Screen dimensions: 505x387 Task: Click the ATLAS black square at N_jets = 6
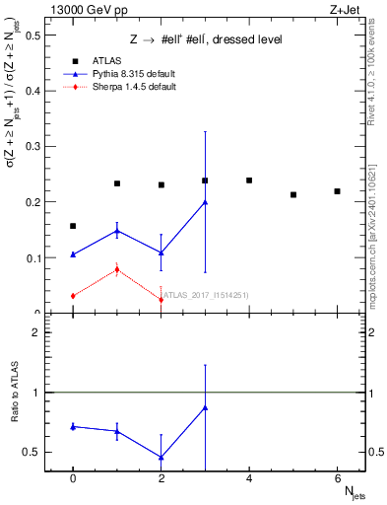337,191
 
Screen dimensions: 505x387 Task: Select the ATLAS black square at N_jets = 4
249,180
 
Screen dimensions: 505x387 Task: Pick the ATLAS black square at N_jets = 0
73,226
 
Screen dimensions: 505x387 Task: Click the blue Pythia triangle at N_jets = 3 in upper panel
205,202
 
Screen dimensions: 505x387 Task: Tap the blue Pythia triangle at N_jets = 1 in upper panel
117,231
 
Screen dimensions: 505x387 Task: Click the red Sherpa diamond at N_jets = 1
117,269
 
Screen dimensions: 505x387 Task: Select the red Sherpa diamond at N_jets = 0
73,296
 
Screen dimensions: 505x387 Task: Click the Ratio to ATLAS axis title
14,422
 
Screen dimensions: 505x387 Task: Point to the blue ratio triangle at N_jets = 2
161,458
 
